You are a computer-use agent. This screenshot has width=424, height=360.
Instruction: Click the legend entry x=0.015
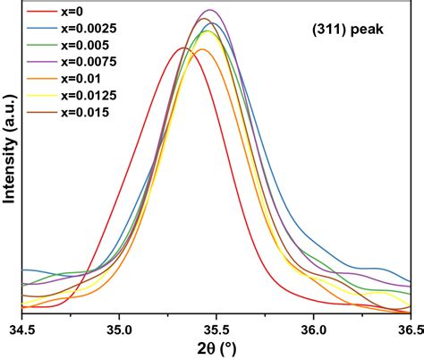(84, 112)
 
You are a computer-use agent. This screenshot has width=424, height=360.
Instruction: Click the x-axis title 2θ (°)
(216, 348)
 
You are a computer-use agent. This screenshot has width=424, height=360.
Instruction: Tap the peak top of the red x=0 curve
(185, 48)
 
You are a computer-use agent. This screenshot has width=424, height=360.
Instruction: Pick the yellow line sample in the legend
(39, 96)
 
